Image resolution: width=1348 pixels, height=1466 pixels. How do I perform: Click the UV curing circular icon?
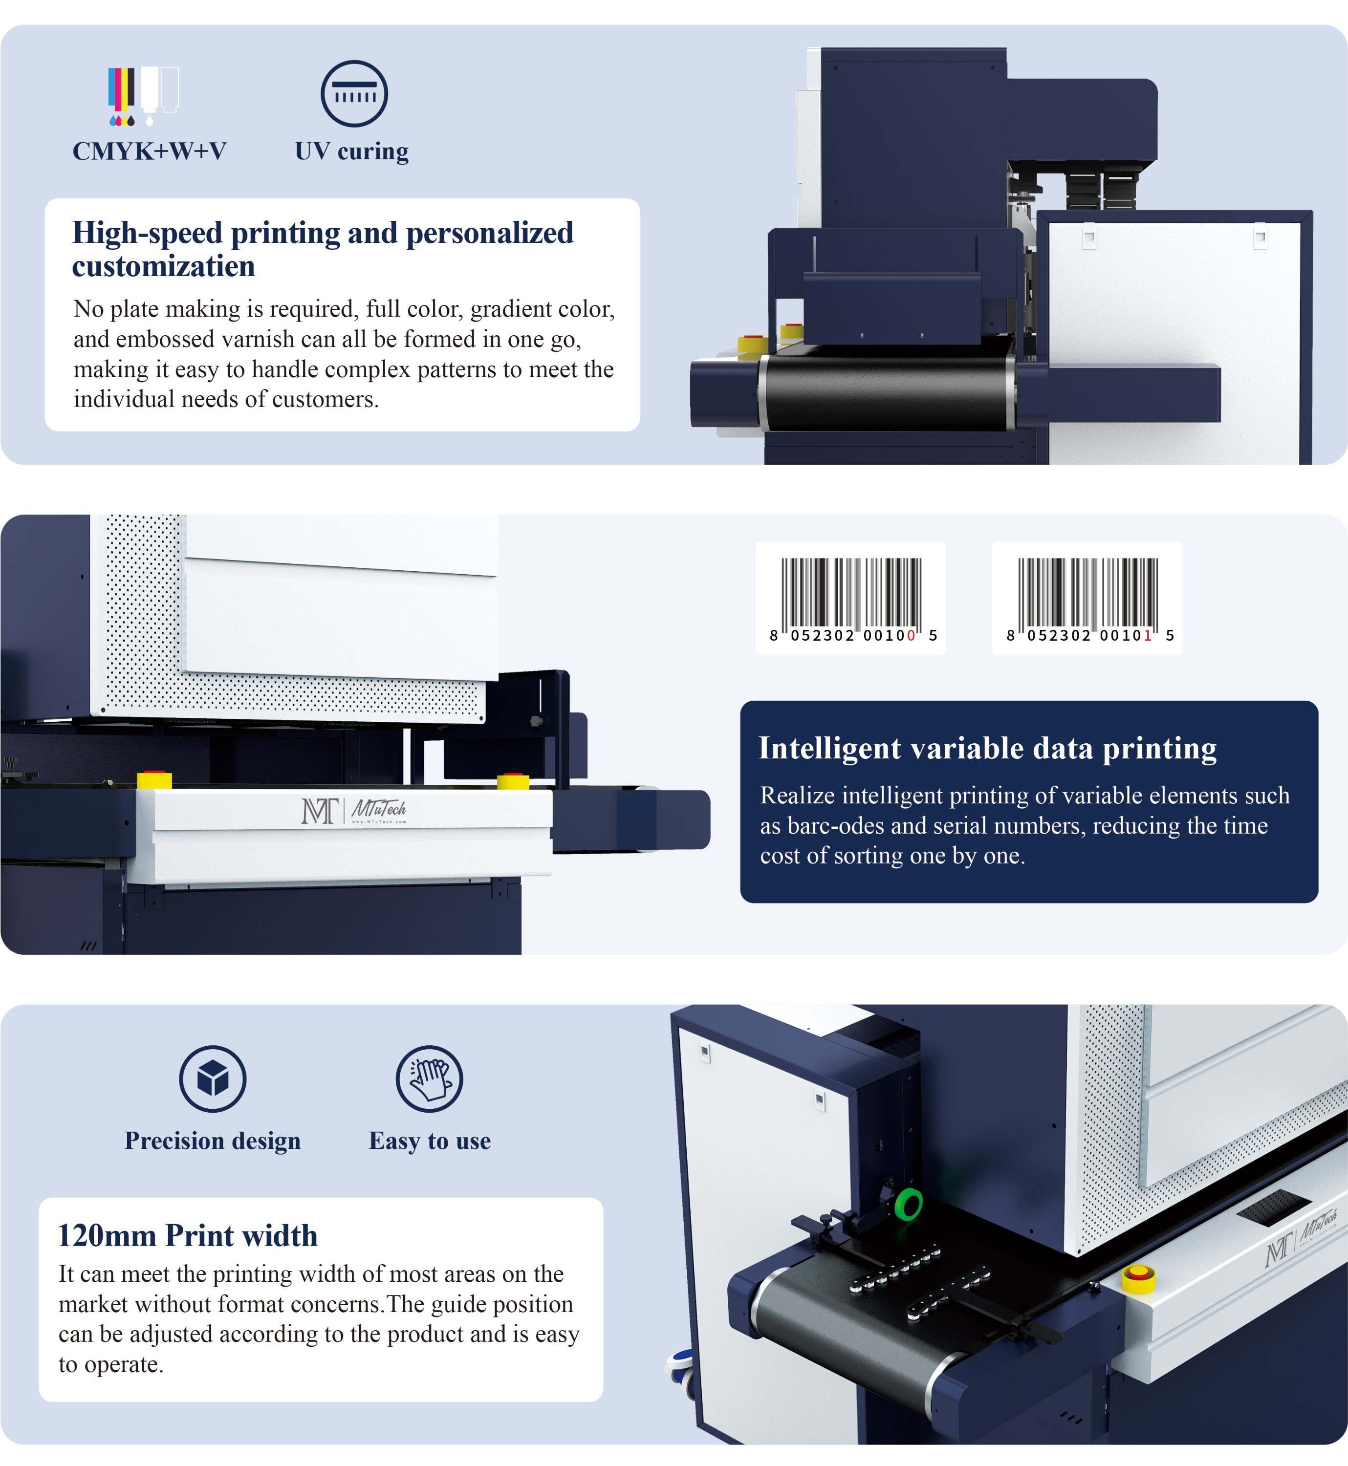(x=354, y=93)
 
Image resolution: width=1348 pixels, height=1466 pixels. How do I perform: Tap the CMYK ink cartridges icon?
(x=143, y=96)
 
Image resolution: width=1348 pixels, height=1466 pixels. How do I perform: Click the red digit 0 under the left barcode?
(x=911, y=635)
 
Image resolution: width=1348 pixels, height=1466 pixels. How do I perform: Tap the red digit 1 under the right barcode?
(x=1148, y=635)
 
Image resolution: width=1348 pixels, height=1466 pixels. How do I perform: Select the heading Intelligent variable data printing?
(x=988, y=748)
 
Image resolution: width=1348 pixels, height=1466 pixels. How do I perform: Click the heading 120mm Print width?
(x=188, y=1235)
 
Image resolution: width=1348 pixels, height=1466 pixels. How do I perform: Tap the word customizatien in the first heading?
(x=163, y=266)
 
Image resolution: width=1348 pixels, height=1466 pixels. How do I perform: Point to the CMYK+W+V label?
(x=150, y=151)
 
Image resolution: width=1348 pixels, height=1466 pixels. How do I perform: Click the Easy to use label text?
(x=430, y=1141)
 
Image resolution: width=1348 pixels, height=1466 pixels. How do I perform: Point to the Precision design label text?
(x=212, y=1141)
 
